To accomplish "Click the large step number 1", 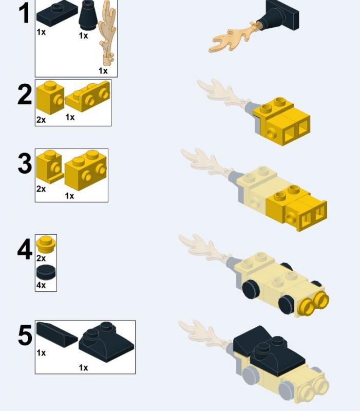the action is click(x=24, y=13).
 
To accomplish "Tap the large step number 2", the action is click(x=25, y=95).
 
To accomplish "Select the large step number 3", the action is click(x=25, y=163).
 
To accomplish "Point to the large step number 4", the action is click(x=25, y=249).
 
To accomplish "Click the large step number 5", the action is click(x=25, y=335).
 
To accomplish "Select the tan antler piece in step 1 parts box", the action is click(x=107, y=33).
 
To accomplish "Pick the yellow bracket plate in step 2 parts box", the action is click(x=87, y=97).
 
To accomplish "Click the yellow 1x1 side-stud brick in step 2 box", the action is click(x=50, y=98).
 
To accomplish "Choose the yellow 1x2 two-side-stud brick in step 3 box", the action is click(x=86, y=170).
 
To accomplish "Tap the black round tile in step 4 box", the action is click(x=46, y=272).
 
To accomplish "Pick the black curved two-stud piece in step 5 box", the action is click(x=106, y=342).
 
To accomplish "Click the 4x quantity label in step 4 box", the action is click(x=41, y=285).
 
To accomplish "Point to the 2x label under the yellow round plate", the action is click(x=41, y=258).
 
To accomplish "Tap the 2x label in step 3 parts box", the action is click(x=41, y=189).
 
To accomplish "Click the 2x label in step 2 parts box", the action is click(x=41, y=120).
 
